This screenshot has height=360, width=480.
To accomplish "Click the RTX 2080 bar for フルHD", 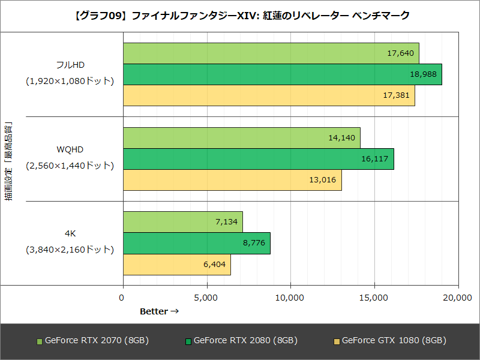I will click(282, 74).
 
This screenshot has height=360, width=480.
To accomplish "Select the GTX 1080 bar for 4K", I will click(176, 265).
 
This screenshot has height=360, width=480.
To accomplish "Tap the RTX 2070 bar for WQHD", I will click(241, 137).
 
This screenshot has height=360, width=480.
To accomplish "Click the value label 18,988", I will click(424, 74).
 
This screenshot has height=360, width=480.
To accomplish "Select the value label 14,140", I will click(342, 137).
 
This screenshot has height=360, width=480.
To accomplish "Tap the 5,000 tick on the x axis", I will click(206, 298).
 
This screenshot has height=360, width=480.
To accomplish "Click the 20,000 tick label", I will click(458, 298).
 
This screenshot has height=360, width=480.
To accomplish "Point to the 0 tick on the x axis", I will click(123, 298).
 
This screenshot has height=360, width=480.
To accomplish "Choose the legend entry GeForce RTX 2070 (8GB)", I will click(97, 340).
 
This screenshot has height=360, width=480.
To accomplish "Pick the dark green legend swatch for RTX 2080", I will click(188, 341).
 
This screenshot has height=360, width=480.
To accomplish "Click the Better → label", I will click(159, 311).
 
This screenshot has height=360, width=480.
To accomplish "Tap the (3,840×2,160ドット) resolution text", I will click(70, 248).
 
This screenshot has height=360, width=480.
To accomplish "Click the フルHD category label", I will click(70, 64).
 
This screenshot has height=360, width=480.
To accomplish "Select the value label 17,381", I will click(397, 95).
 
